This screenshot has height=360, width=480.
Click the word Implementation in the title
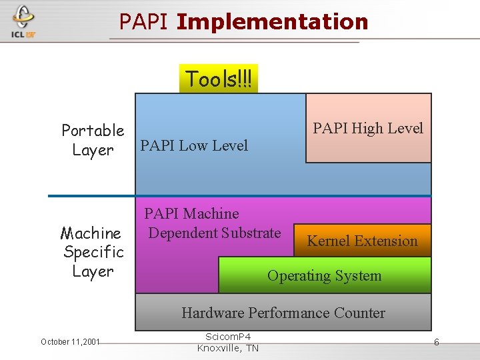coord(273,22)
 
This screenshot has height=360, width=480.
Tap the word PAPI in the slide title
coord(145,22)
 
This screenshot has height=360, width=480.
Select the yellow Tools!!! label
coord(219,79)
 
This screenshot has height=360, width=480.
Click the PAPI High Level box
coord(368,128)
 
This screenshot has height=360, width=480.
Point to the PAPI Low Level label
coord(194,145)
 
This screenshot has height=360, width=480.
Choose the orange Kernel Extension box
coord(362,241)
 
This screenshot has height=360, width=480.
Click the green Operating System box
coord(324,275)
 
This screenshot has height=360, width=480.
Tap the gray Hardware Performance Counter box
coord(283,313)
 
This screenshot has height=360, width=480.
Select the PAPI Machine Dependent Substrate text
coord(213,223)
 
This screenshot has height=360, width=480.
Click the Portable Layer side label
coord(93,140)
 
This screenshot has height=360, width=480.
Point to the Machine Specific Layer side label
coord(93,252)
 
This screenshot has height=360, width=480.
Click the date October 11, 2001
coord(70,342)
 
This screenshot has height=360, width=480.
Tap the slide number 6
coord(436,342)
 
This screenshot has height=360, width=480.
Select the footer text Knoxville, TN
coord(228,348)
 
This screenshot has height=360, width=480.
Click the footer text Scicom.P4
coord(228,337)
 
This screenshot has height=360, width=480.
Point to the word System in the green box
coord(358,275)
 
